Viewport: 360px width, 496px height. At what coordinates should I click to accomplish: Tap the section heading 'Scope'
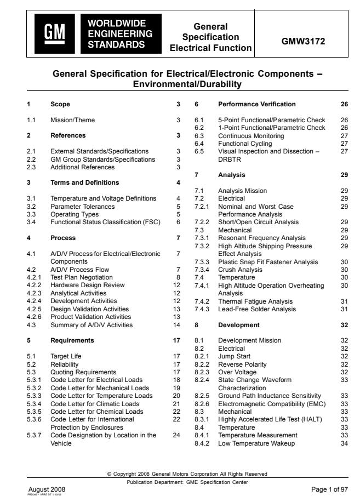click(x=60, y=104)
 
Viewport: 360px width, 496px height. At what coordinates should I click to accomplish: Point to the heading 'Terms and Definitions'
click(x=84, y=182)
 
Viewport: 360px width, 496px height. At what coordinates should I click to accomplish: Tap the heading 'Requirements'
click(x=72, y=340)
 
